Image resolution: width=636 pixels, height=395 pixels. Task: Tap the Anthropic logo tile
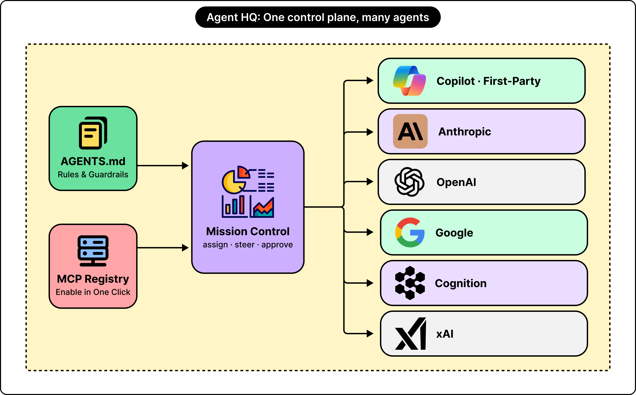(410, 131)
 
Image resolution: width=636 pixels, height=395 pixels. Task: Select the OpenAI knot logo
(409, 182)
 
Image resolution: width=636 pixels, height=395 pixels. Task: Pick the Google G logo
(410, 232)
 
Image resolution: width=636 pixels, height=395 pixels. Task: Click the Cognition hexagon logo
(410, 283)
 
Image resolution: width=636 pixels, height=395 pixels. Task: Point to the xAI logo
(410, 334)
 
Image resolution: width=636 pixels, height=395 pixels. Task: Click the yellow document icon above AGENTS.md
(93, 133)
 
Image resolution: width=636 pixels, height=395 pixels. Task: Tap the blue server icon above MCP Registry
(93, 251)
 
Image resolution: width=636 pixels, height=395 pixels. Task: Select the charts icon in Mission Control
(248, 192)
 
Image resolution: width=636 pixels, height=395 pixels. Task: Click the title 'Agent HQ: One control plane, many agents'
(318, 17)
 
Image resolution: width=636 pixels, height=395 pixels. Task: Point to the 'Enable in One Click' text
(93, 292)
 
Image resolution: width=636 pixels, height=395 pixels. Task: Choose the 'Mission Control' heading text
(248, 231)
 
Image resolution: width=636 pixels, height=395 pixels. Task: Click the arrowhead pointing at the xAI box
(370, 334)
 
